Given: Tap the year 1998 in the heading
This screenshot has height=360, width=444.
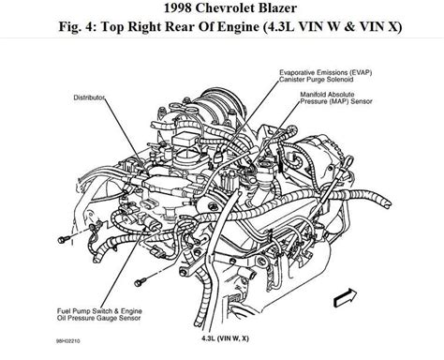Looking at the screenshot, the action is [x=177, y=7].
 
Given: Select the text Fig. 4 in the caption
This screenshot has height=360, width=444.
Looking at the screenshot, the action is [x=76, y=27].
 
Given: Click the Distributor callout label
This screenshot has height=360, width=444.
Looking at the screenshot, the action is [x=89, y=97].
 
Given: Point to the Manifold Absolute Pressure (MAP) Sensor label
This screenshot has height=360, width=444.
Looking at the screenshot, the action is [x=336, y=97].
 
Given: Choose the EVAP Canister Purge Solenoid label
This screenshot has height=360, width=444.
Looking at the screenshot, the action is [x=325, y=76].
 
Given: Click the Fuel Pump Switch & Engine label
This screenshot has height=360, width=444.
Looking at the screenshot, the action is [x=99, y=311].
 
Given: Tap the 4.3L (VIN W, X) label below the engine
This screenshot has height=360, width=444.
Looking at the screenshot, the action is [x=225, y=338].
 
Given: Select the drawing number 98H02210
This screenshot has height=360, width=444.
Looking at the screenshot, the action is [x=67, y=340].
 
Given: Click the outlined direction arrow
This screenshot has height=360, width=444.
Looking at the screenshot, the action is [x=345, y=298].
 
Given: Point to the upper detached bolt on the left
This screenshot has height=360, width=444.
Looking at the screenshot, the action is [x=65, y=240].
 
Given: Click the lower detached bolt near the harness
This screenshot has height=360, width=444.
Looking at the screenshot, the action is [x=141, y=282].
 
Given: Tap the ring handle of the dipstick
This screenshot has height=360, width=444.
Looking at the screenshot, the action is [x=349, y=163].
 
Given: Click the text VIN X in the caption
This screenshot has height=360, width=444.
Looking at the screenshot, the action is [x=380, y=27].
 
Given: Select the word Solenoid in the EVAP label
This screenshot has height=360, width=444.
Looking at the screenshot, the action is [x=340, y=80].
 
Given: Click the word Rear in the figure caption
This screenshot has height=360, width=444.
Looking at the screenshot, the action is [x=180, y=27].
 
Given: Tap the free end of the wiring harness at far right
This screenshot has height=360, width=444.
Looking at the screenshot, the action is [x=388, y=204].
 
